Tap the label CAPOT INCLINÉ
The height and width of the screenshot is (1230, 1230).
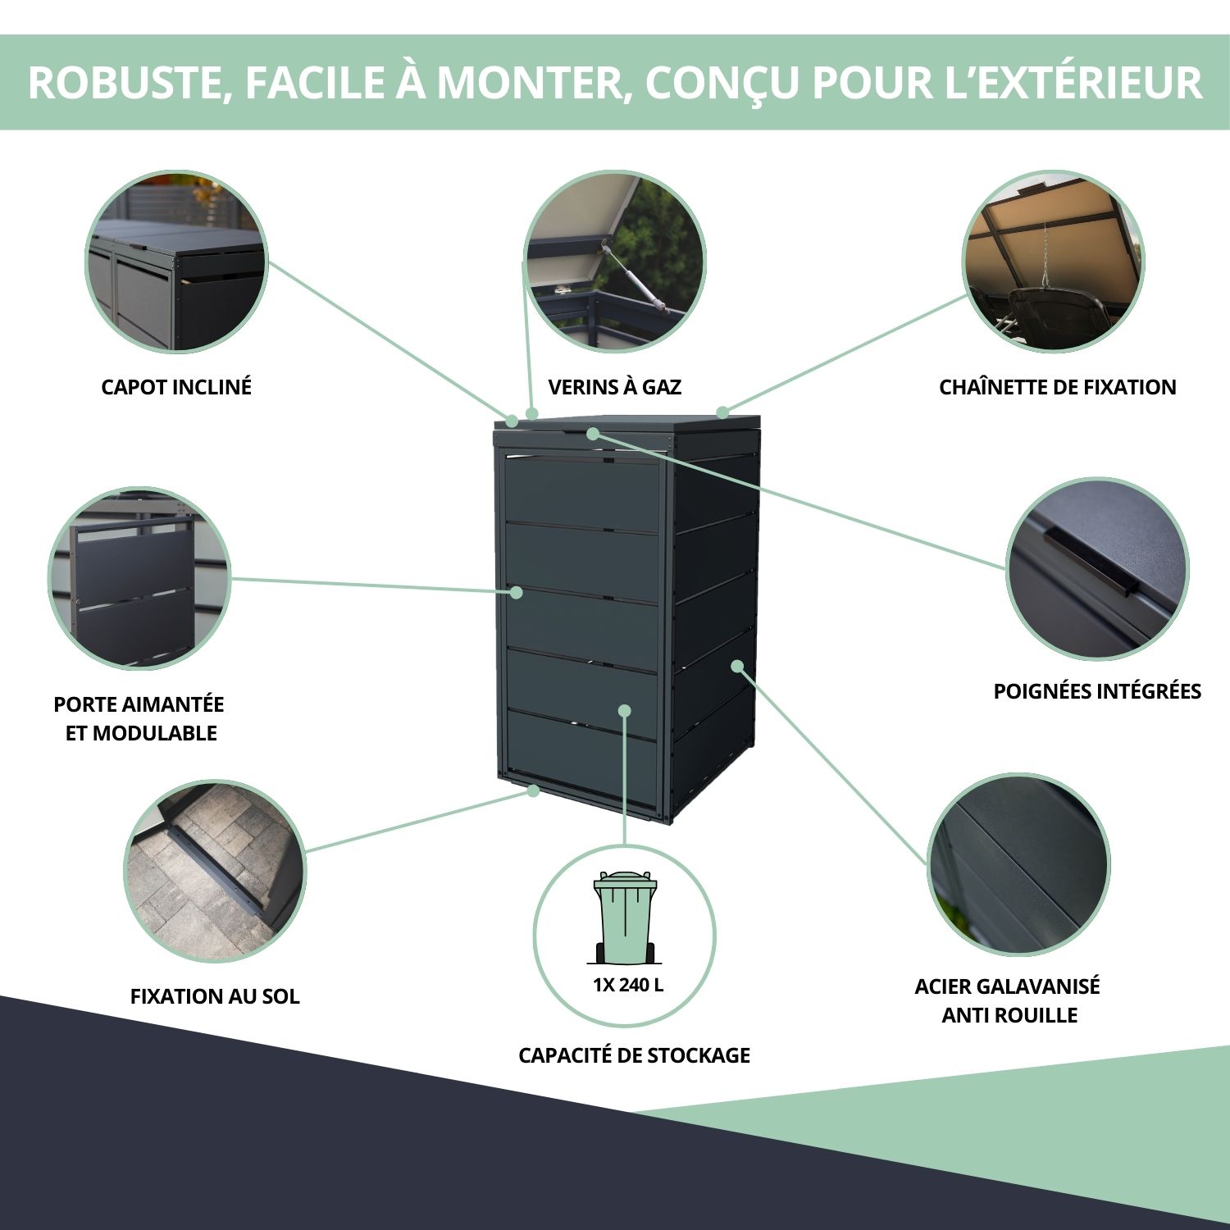tap(176, 387)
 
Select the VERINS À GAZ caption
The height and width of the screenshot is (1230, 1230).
tap(615, 387)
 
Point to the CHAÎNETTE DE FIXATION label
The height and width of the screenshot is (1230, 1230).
tap(1058, 387)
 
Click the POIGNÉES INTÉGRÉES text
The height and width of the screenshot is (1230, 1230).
tap(1097, 691)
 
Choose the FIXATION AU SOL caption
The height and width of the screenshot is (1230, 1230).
tap(215, 996)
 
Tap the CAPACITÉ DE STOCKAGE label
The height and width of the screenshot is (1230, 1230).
tap(634, 1055)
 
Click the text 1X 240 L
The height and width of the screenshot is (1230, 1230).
tap(628, 985)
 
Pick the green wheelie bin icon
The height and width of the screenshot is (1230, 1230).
tap(625, 918)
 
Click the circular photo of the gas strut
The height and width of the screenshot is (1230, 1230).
tap(614, 262)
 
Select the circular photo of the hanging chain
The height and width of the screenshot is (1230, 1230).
tap(1053, 262)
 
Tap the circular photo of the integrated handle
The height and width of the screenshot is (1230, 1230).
tap(1097, 569)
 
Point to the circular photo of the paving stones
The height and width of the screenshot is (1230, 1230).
tap(215, 871)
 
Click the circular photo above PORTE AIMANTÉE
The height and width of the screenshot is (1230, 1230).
tap(139, 579)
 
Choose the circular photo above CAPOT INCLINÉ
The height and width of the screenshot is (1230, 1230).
tap(177, 262)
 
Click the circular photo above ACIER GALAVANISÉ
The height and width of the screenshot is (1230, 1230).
tap(1018, 864)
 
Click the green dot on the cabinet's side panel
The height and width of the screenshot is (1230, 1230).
tap(738, 666)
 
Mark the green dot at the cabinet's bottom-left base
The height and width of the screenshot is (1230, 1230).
tap(534, 790)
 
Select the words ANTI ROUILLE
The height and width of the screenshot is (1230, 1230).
tap(1009, 1015)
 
